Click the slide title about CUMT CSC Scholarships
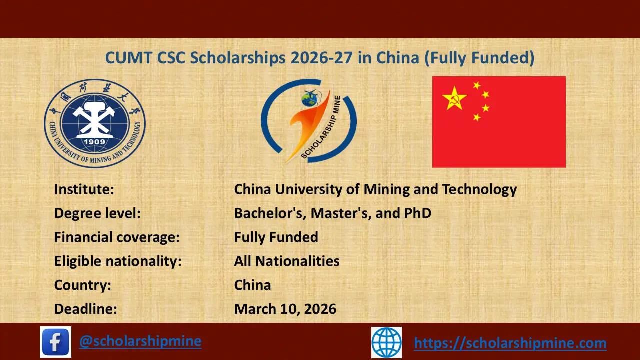click(320, 58)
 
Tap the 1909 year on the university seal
click(95, 140)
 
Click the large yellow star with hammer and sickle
click(454, 98)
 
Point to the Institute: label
click(84, 190)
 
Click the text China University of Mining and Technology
click(375, 190)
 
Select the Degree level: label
click(97, 213)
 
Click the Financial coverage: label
click(117, 237)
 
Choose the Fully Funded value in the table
click(276, 237)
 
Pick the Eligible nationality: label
click(118, 261)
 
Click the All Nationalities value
click(287, 261)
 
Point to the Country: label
click(82, 285)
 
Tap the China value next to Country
click(252, 285)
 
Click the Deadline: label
click(85, 309)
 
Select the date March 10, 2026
click(285, 309)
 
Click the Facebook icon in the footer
click(55, 342)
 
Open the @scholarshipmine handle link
click(140, 341)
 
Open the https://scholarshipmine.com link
click(510, 343)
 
